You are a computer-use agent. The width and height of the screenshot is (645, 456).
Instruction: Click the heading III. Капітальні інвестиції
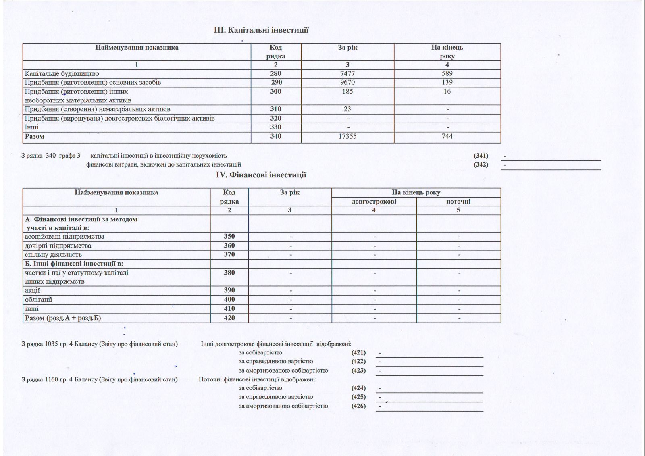261,30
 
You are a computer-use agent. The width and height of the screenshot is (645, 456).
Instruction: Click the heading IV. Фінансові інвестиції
261,175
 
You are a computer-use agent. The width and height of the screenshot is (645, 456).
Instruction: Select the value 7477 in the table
347,73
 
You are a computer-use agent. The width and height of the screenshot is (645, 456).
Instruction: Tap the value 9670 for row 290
347,82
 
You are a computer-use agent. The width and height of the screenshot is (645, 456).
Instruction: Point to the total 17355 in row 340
347,136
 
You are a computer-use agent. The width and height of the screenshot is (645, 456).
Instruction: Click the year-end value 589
447,73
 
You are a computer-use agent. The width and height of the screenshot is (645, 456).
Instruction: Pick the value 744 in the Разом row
447,136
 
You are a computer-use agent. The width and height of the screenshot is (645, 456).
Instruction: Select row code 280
276,73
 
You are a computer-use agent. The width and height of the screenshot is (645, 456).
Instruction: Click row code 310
276,109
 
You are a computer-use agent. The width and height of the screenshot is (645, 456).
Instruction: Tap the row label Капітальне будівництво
62,74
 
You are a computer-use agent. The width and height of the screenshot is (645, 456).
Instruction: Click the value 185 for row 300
347,91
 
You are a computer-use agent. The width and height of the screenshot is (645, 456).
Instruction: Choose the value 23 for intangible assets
347,109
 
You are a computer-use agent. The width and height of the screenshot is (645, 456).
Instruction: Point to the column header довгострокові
374,201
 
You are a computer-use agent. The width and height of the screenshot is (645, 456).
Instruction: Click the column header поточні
458,201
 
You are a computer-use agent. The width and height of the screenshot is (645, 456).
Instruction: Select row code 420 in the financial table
229,318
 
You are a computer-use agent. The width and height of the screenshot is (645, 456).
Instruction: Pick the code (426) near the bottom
358,406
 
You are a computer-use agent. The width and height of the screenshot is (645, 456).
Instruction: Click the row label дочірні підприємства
58,246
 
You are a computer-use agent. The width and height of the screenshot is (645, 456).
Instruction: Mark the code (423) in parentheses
358,370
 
